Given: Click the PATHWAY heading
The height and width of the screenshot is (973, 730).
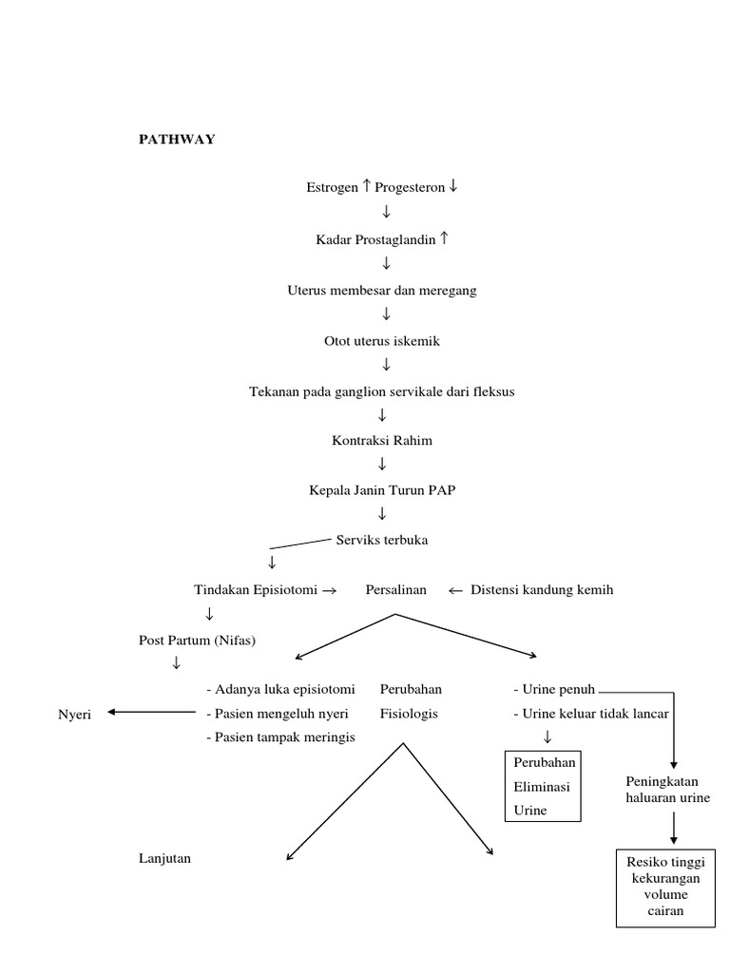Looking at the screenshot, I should pyautogui.click(x=177, y=140).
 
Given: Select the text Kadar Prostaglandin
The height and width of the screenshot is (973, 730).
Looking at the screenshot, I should pyautogui.click(x=375, y=239).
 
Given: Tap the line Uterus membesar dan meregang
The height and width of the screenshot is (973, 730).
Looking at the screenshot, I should pyautogui.click(x=382, y=290).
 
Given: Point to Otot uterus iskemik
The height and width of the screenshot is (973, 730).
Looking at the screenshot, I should pyautogui.click(x=382, y=340).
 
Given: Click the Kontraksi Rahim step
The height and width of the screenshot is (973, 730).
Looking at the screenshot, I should pyautogui.click(x=382, y=441).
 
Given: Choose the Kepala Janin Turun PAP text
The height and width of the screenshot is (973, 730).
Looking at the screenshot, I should pyautogui.click(x=382, y=490).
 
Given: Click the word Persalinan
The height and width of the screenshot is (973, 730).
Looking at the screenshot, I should pyautogui.click(x=396, y=589).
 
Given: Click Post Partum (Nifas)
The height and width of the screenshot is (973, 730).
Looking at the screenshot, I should pyautogui.click(x=197, y=639).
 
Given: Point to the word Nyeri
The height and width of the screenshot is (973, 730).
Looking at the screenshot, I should pyautogui.click(x=74, y=715).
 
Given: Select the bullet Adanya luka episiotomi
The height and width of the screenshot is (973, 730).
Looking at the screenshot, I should pyautogui.click(x=280, y=689).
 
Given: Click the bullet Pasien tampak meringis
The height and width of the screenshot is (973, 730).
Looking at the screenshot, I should pyautogui.click(x=280, y=738).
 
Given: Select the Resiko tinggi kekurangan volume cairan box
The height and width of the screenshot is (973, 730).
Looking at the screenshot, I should pyautogui.click(x=664, y=887).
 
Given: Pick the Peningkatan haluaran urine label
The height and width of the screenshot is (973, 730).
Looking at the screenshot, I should pyautogui.click(x=667, y=789).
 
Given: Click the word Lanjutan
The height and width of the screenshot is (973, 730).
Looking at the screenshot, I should pyautogui.click(x=164, y=858).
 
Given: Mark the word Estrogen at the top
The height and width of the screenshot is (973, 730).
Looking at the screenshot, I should pyautogui.click(x=332, y=188).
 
